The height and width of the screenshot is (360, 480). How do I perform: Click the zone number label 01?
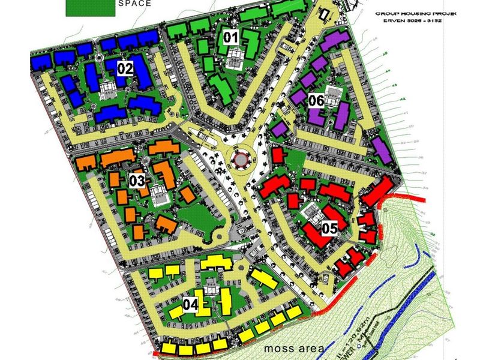[x=232, y=38]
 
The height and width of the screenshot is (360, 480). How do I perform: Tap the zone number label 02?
[x=125, y=68]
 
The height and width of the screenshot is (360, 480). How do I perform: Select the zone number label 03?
[x=137, y=180]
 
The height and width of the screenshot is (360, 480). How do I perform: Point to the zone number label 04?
[x=190, y=305]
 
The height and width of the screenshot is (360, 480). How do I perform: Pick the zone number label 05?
[x=330, y=228]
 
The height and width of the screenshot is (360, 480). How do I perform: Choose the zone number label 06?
[x=317, y=101]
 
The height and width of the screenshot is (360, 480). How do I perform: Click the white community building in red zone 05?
[x=312, y=213]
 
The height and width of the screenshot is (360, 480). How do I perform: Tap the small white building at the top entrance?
[x=325, y=13]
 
